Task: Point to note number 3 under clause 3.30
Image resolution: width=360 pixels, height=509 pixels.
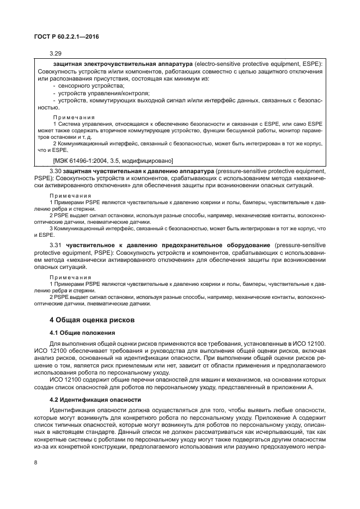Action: coord(51,229)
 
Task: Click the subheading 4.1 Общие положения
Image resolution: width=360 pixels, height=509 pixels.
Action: coord(82,333)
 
